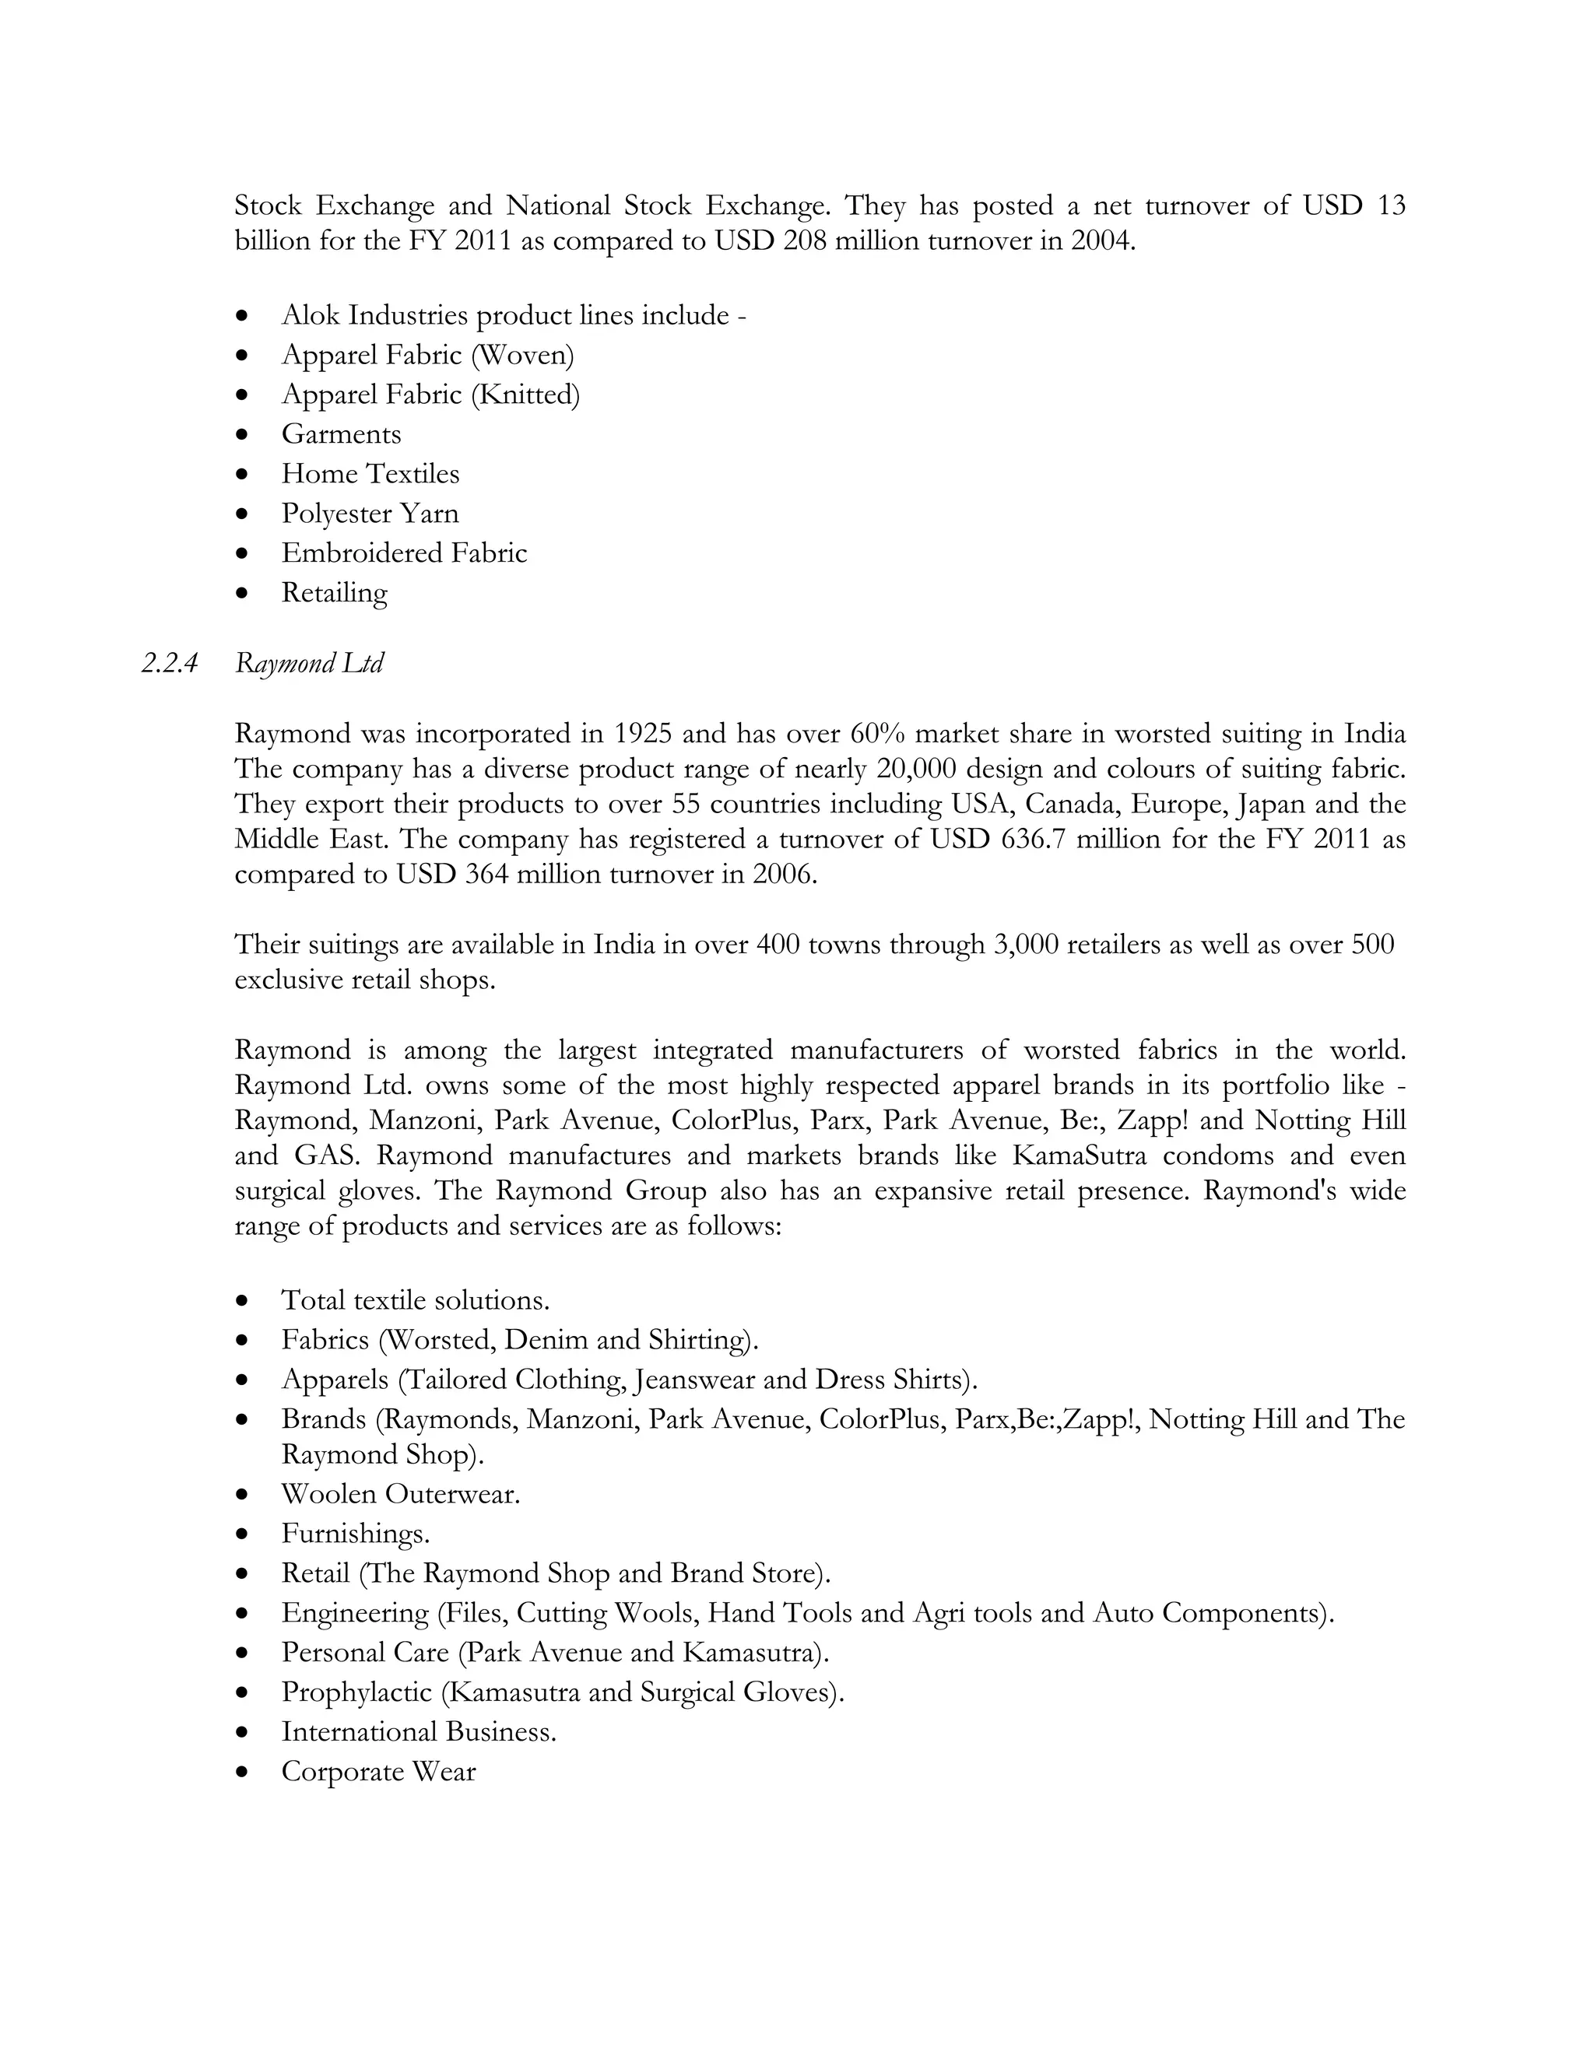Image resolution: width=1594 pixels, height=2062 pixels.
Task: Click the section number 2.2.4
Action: pyautogui.click(x=169, y=664)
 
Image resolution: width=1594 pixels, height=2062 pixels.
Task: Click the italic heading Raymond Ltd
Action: pyautogui.click(x=309, y=664)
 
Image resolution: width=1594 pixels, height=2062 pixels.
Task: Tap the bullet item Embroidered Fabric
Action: pyautogui.click(x=403, y=553)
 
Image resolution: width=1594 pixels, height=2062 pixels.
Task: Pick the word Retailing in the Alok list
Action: pyautogui.click(x=334, y=593)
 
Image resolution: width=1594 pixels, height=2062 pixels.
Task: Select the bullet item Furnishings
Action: pyautogui.click(x=355, y=1534)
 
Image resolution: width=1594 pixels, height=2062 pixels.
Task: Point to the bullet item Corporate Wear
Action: pyautogui.click(x=377, y=1771)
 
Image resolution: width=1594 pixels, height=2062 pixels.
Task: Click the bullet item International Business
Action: pyautogui.click(x=418, y=1731)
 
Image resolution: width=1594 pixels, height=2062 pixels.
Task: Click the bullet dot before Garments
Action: pyautogui.click(x=244, y=434)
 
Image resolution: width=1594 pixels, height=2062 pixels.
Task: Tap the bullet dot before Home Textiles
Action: pyautogui.click(x=244, y=474)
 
